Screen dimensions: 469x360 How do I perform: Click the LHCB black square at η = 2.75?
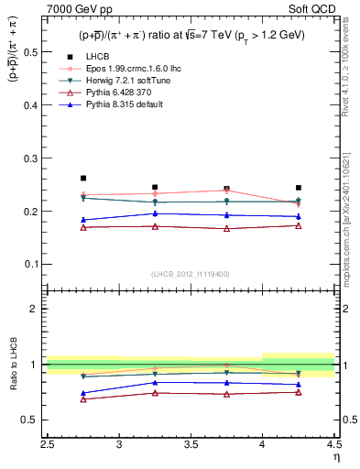[x=83, y=178]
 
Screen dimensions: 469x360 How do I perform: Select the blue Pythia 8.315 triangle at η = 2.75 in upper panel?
[x=83, y=220]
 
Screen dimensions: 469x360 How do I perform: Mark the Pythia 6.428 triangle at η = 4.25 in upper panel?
[x=299, y=225]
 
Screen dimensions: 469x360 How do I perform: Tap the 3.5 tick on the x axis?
[x=191, y=445]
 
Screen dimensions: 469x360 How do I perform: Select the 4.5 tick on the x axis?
[x=334, y=445]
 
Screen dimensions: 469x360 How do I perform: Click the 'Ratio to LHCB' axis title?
[x=13, y=365]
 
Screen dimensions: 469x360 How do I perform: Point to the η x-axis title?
[x=336, y=455]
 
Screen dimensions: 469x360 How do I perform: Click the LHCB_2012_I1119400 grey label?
[x=191, y=274]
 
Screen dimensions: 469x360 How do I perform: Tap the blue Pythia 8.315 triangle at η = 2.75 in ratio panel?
[x=83, y=393]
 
